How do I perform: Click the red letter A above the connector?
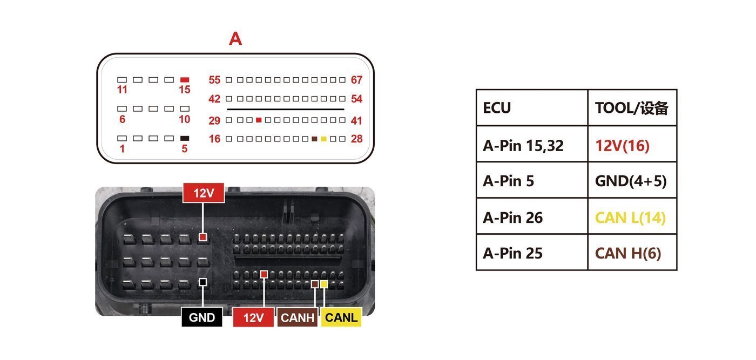[x=235, y=39]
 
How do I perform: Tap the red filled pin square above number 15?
[x=185, y=80]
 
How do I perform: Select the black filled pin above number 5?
[x=185, y=138]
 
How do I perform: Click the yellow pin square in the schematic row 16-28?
[x=323, y=139]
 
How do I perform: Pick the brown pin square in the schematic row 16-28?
[x=314, y=139]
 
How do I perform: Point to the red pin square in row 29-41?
[x=259, y=120]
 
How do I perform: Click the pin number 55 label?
[x=214, y=80]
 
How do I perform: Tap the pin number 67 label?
[x=356, y=80]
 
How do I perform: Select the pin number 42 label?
[x=214, y=99]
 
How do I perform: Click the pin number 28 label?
[x=356, y=139]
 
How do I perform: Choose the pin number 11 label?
[x=122, y=90]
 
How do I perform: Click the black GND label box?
[x=202, y=317]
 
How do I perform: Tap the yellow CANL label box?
[x=341, y=317]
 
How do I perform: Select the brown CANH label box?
[x=298, y=317]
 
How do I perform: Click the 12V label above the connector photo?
[x=204, y=193]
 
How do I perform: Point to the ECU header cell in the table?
[x=532, y=108]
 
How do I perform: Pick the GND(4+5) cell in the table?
[x=632, y=180]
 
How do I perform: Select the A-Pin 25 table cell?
[x=532, y=252]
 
